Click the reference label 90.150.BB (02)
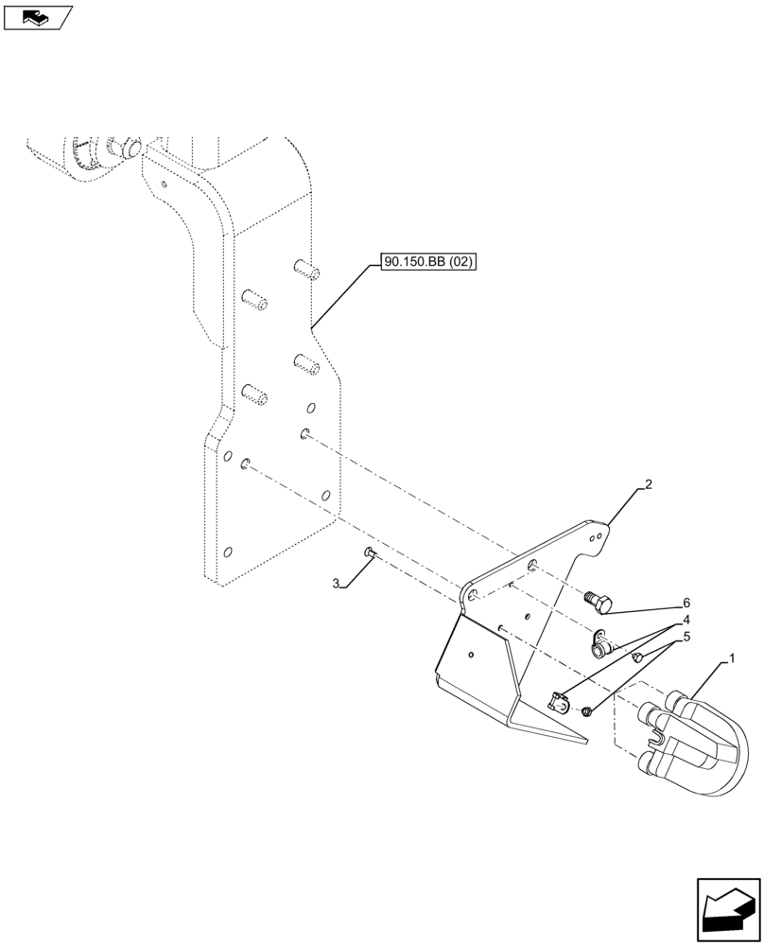click(428, 260)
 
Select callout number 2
click(648, 486)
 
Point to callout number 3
click(337, 584)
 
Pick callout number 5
click(686, 637)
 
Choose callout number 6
click(686, 602)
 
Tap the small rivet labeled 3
click(370, 552)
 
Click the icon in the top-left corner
click(37, 16)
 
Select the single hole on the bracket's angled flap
click(470, 653)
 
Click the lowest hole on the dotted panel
click(227, 552)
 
